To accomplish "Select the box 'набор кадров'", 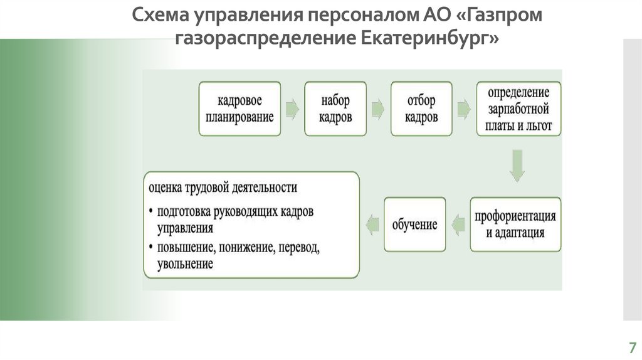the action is (335, 108).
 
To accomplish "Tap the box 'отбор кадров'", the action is (421, 108).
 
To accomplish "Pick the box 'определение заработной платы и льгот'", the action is (518, 108).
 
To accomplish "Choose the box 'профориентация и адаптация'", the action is (515, 225).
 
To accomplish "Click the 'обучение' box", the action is (414, 225).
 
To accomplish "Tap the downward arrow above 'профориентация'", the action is (518, 165).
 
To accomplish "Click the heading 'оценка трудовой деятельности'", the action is (223, 187).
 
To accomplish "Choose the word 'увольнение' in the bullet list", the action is (186, 264).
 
